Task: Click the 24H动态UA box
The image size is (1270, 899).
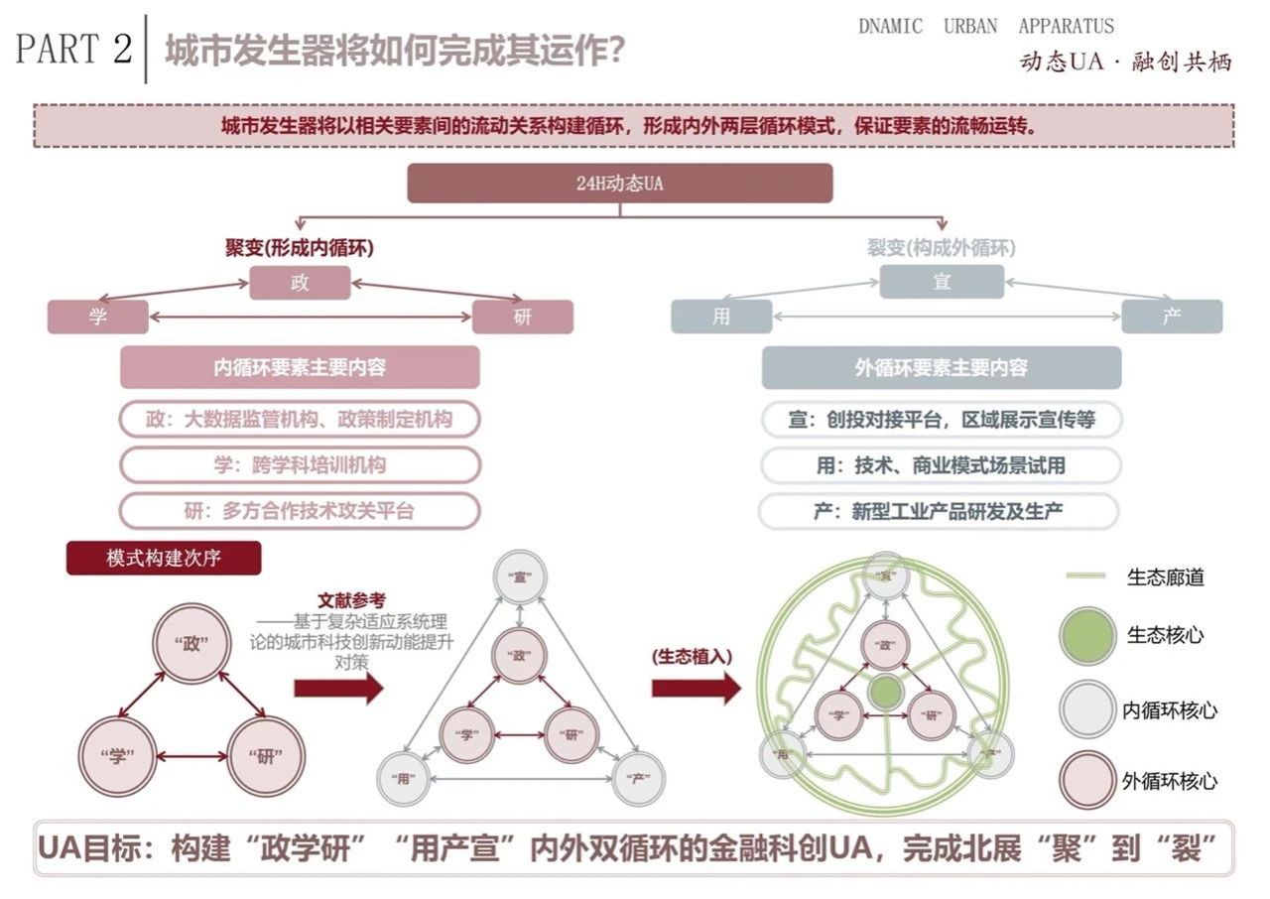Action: [x=619, y=184]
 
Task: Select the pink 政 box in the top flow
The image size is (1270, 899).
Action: [x=300, y=282]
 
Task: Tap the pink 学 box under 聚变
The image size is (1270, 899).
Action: [x=97, y=317]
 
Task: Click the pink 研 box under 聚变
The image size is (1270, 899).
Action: [x=523, y=317]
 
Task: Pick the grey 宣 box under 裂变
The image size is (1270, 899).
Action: [x=942, y=282]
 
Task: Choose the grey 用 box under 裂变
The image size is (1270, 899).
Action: [x=721, y=317]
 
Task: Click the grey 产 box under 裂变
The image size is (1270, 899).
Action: [x=1172, y=317]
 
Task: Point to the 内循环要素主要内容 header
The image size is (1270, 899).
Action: [x=300, y=367]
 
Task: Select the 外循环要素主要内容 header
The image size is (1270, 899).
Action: [x=942, y=367]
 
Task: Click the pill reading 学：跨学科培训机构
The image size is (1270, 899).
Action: [x=300, y=464]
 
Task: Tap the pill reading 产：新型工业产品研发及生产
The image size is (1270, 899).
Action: [x=940, y=512]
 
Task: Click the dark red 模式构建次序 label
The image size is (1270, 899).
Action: [x=164, y=558]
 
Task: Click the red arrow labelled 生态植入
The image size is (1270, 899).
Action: [x=696, y=687]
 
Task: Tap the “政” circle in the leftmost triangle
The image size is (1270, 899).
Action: [x=190, y=645]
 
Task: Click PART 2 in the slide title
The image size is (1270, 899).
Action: [x=73, y=49]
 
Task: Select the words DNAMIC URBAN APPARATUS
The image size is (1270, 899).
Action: [x=985, y=27]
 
